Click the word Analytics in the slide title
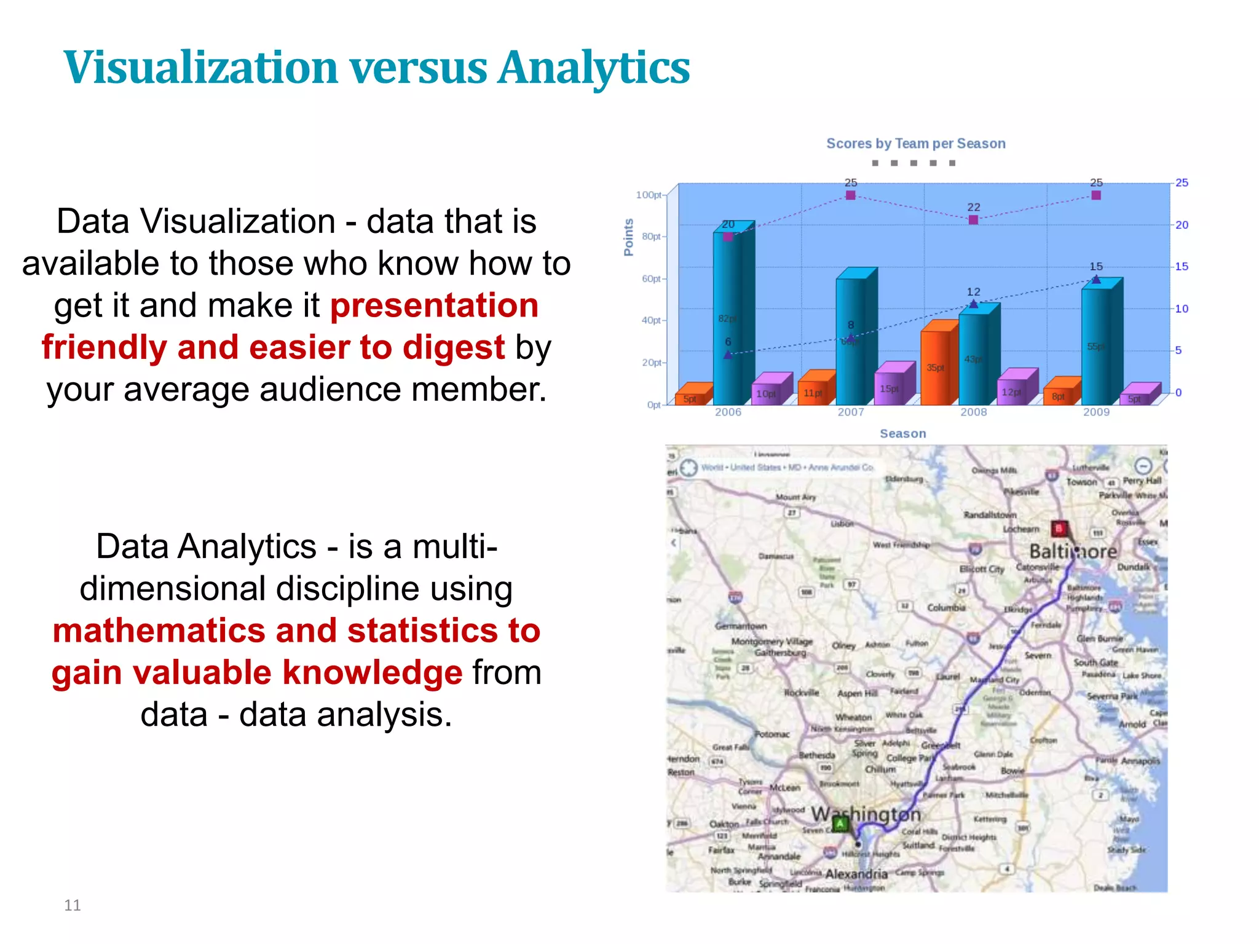pos(594,68)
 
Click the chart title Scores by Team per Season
pos(915,144)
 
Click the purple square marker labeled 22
pos(973,220)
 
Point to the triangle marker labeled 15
pos(1096,280)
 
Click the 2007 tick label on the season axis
pos(851,412)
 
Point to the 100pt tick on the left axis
pos(649,195)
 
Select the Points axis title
pos(628,237)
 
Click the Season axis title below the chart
pos(902,434)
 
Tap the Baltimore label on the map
pos(1073,551)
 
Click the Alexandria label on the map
pos(856,874)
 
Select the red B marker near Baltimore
pos(1059,529)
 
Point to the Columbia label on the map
pos(946,608)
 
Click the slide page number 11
pos(73,905)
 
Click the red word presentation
pos(434,306)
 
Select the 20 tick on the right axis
pos(1182,225)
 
